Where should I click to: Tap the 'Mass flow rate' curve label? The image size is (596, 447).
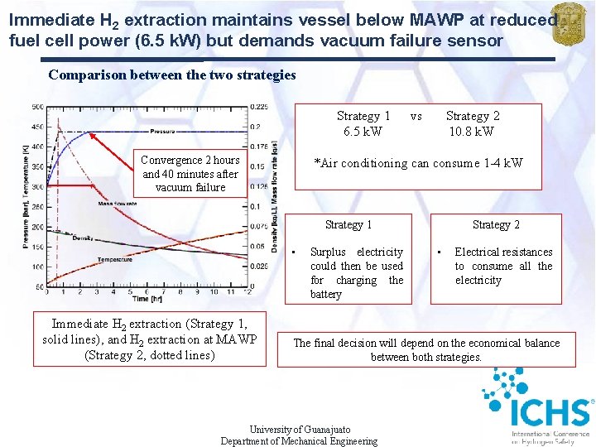[118, 203]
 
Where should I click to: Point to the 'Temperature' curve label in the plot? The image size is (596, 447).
[114, 259]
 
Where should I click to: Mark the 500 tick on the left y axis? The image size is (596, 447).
[38, 107]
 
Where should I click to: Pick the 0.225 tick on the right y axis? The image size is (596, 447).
[259, 107]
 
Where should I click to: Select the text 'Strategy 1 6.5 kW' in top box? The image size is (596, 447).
[363, 123]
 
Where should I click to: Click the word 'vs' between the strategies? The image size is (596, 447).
[416, 117]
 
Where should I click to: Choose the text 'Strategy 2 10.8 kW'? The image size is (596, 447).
[472, 123]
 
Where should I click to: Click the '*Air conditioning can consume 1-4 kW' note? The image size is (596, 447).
[418, 163]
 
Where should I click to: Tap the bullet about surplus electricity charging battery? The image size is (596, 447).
[356, 272]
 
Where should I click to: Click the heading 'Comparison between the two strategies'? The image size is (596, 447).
[172, 74]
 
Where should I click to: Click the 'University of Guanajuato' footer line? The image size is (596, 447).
[300, 430]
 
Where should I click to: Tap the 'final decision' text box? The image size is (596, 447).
[426, 349]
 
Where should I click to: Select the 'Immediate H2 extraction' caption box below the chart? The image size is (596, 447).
[150, 339]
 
